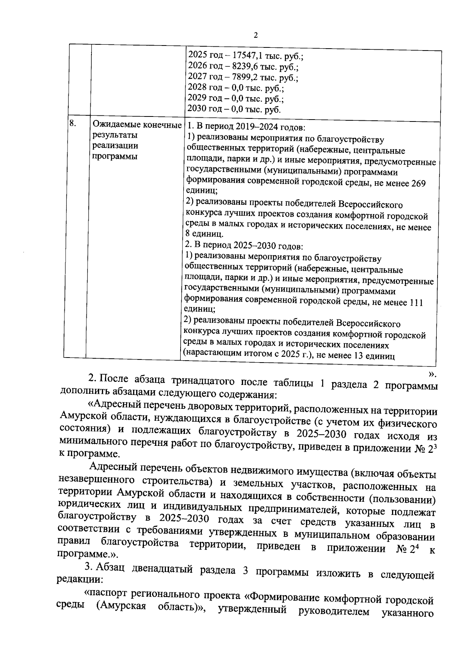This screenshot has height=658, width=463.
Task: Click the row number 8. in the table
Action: pos(73,123)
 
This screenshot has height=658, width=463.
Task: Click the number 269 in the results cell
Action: pos(418,183)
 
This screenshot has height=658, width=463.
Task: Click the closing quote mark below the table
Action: pos(432,373)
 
